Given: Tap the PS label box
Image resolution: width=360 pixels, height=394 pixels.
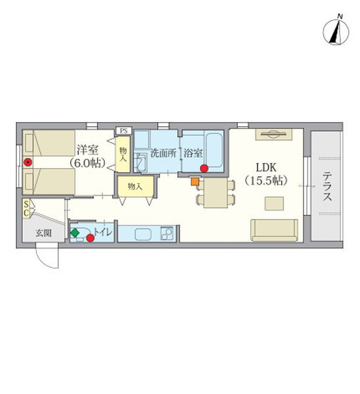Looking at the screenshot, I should tap(123, 131).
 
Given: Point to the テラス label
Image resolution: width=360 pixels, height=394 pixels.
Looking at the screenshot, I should tap(327, 186).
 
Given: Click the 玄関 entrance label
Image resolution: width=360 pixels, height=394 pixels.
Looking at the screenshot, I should tap(43, 232).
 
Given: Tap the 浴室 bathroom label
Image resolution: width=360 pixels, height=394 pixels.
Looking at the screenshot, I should tap(192, 154).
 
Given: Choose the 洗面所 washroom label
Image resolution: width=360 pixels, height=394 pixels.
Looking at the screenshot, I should tap(162, 154).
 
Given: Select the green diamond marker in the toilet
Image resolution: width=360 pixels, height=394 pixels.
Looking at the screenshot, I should tap(75, 232).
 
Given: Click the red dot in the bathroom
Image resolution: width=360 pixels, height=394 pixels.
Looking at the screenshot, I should tap(204, 168).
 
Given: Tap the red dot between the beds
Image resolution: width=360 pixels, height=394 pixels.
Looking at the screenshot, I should tap(28, 162).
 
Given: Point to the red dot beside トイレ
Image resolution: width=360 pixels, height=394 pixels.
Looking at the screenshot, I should tap(90, 238).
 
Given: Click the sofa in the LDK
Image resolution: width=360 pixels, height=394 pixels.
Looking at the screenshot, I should tap(274, 230).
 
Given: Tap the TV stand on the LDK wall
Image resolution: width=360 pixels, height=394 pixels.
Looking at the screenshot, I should tap(274, 135).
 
